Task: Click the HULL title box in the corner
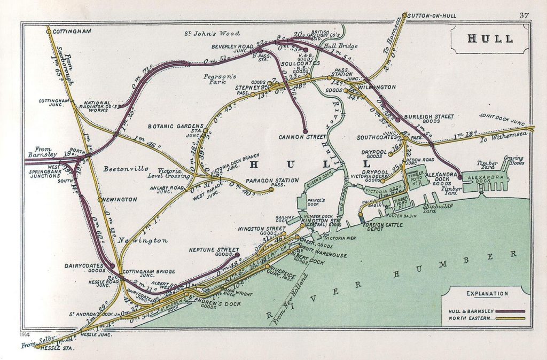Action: (x=490, y=39)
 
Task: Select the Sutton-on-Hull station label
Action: (x=431, y=15)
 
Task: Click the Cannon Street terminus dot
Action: (x=305, y=130)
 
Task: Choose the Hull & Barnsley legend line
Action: (x=511, y=311)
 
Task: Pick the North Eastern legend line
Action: (x=511, y=319)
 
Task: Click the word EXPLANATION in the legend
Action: (x=487, y=293)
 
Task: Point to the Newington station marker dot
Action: (x=100, y=200)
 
